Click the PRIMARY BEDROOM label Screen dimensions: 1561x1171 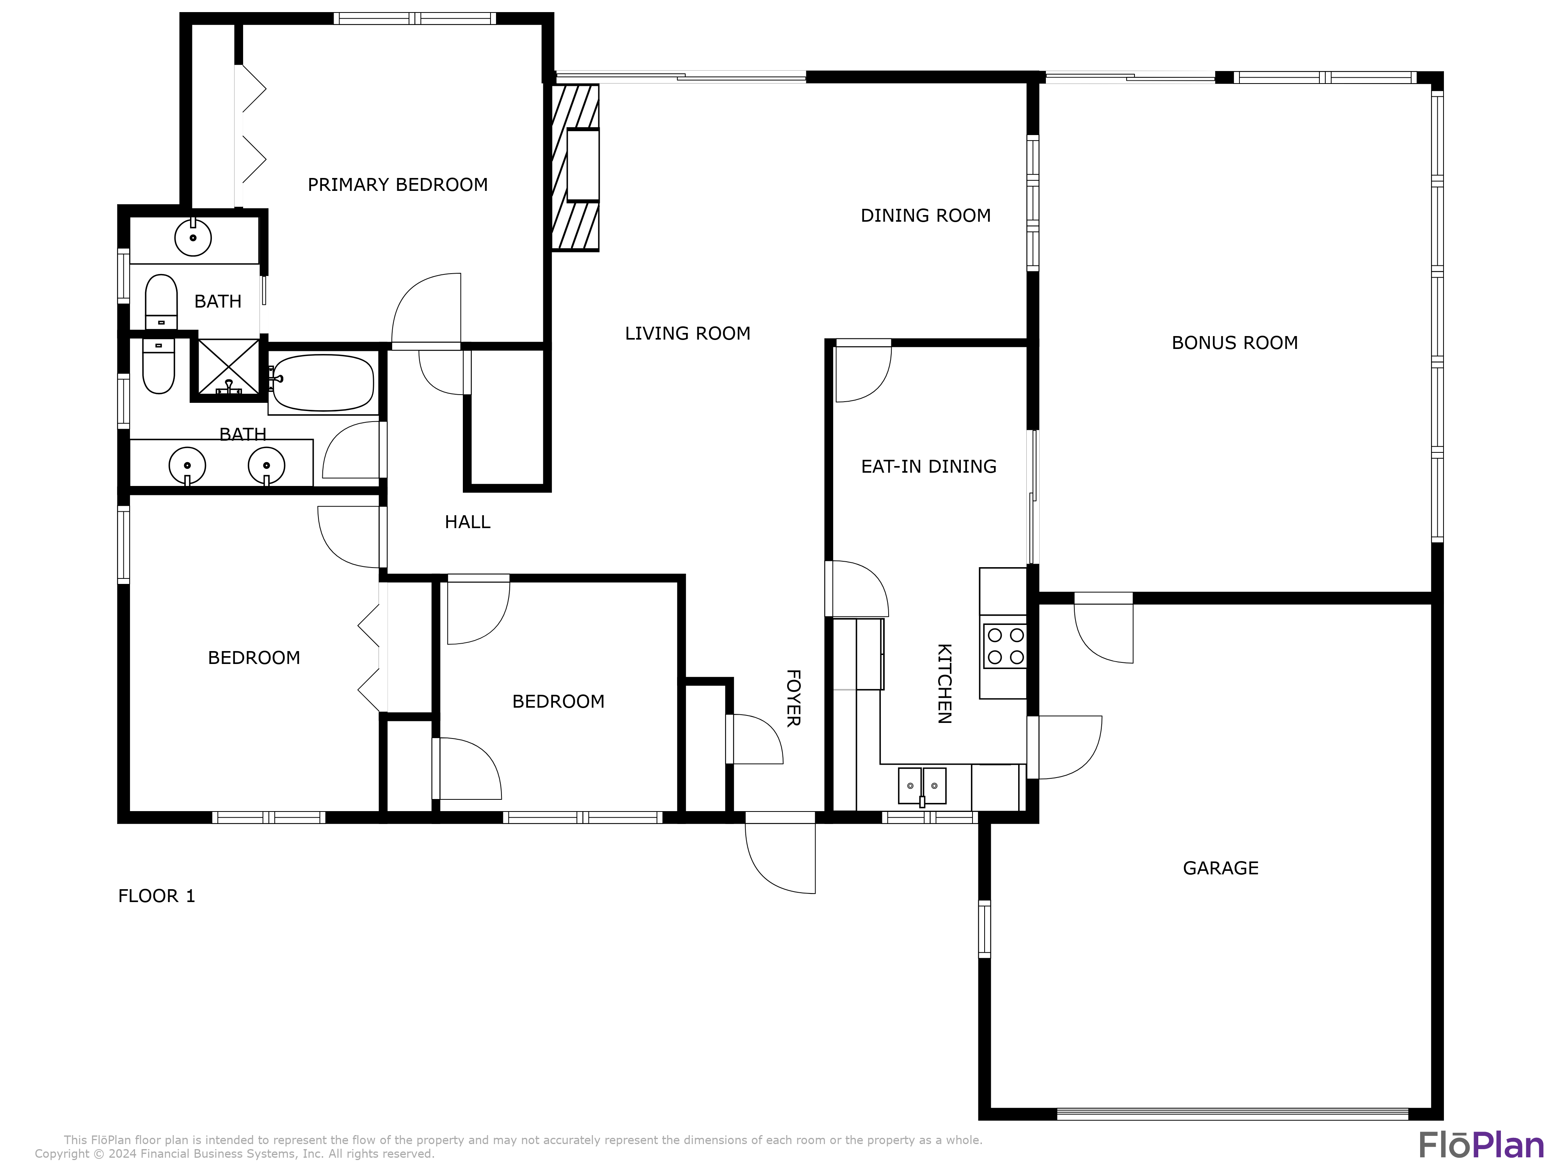(x=397, y=185)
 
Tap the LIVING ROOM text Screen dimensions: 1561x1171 (x=687, y=333)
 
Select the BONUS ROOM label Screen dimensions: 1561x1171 (x=1234, y=343)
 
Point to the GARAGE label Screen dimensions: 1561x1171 (x=1220, y=868)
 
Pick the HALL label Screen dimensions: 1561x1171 (x=467, y=522)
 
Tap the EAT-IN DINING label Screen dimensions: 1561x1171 (x=929, y=466)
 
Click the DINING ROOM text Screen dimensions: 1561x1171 (x=925, y=215)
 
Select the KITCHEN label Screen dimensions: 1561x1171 (x=944, y=683)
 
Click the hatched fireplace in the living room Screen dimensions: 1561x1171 (x=575, y=167)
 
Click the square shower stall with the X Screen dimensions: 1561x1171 (x=228, y=368)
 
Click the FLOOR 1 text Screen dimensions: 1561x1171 (x=156, y=897)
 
